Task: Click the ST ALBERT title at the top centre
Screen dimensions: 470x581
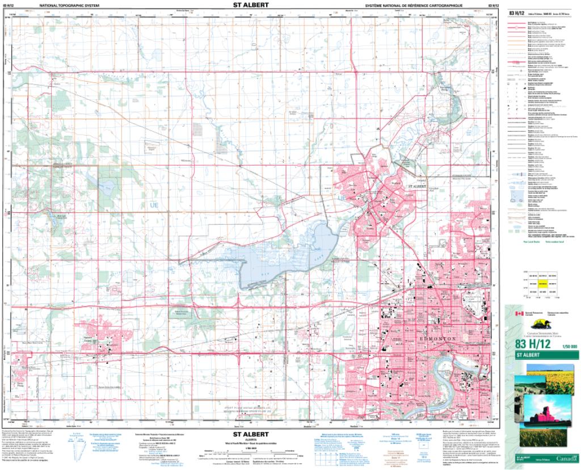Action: pos(251,5)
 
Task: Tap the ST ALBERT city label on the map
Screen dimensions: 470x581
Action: pos(419,186)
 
